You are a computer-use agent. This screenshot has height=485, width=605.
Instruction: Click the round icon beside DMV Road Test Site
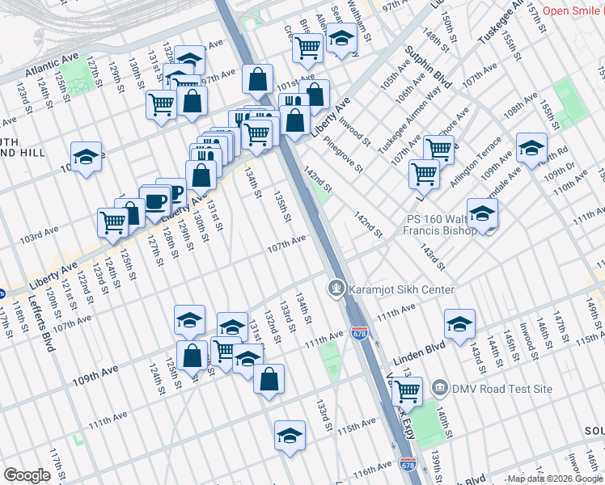click(439, 389)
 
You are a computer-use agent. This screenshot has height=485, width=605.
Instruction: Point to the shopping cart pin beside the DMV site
click(407, 391)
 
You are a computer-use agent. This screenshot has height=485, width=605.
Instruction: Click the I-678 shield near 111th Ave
click(359, 331)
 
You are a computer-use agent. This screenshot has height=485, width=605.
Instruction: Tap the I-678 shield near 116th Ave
click(407, 463)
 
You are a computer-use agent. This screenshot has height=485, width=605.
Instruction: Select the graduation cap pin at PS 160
click(482, 213)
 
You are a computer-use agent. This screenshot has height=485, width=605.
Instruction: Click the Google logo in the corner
click(27, 475)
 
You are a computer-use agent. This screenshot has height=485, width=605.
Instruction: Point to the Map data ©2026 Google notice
click(553, 479)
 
